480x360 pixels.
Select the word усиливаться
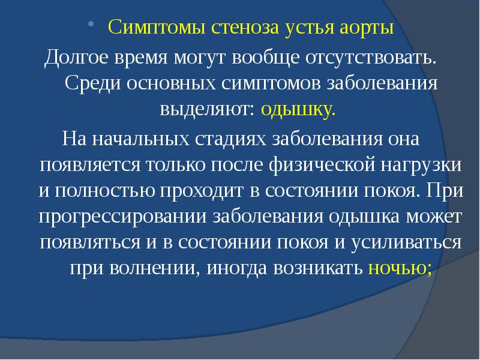(410, 242)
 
